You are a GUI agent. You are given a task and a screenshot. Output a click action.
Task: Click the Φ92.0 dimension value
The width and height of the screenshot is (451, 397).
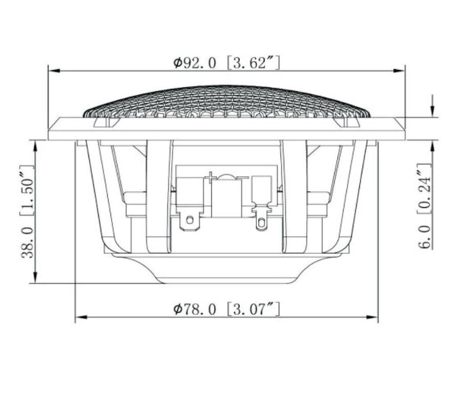point(194,63)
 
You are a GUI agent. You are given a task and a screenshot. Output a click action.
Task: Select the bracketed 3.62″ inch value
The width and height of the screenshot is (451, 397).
point(253,63)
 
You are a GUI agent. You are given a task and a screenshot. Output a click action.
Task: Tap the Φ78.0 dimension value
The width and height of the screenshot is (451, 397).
point(194,309)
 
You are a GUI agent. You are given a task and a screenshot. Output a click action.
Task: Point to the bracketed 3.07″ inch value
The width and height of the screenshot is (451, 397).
point(253,309)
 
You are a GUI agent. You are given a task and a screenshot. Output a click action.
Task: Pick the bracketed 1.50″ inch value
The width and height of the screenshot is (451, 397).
point(28,191)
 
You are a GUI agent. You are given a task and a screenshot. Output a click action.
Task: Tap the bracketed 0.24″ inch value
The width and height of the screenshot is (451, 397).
point(425,188)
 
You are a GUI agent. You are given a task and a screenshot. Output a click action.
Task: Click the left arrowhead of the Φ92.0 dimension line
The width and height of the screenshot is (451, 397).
point(54,71)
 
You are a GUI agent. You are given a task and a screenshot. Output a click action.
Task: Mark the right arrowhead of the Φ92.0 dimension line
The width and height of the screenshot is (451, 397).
point(399,71)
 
